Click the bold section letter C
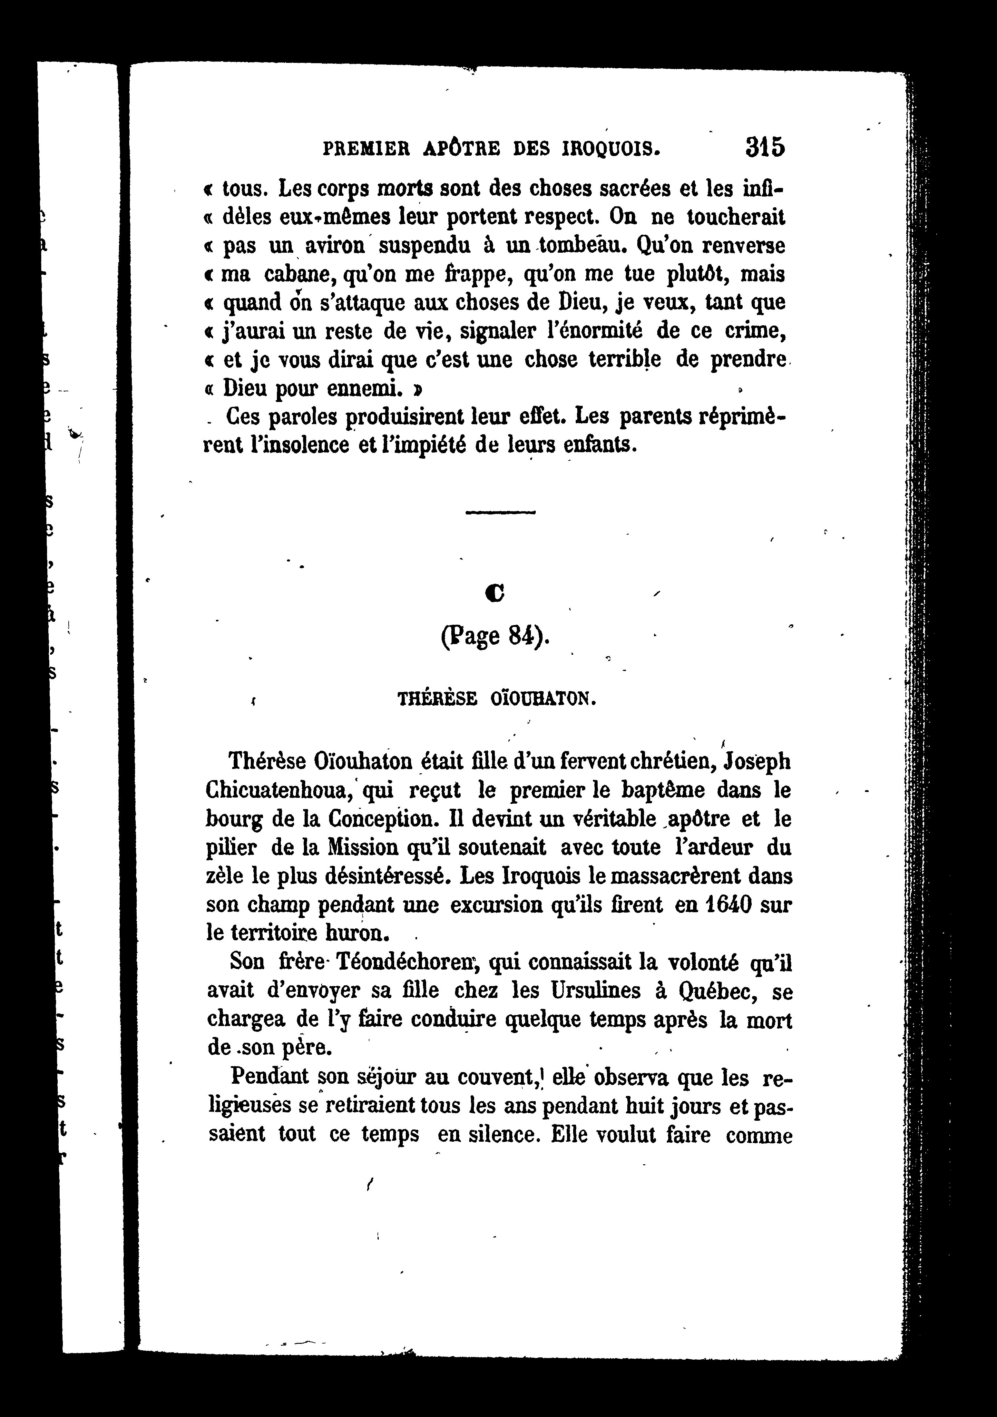[x=495, y=593]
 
